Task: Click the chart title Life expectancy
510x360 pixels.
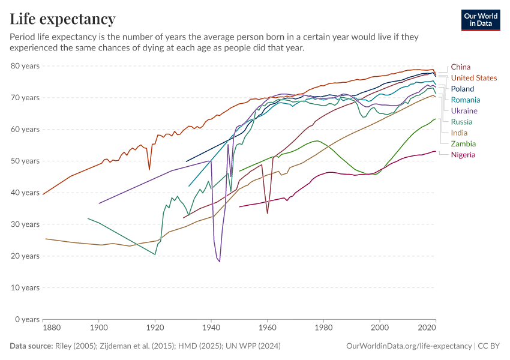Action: pyautogui.click(x=63, y=19)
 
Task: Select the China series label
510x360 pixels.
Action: pyautogui.click(x=461, y=67)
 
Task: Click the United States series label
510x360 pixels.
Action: pyautogui.click(x=474, y=78)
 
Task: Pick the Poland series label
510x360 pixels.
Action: pyautogui.click(x=463, y=89)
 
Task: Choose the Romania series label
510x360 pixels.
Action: pyautogui.click(x=466, y=100)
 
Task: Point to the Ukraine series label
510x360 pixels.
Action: pyautogui.click(x=464, y=111)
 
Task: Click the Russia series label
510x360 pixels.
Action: pyautogui.click(x=462, y=122)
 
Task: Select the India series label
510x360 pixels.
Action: pyautogui.click(x=460, y=133)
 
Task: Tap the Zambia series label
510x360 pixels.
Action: pyautogui.click(x=463, y=144)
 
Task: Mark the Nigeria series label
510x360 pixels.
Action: pyautogui.click(x=463, y=155)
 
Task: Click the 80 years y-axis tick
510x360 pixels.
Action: pyautogui.click(x=25, y=65)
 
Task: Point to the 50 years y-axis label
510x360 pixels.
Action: pyautogui.click(x=25, y=161)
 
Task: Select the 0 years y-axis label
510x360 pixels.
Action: pyautogui.click(x=27, y=319)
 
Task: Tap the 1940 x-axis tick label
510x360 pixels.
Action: pyautogui.click(x=211, y=328)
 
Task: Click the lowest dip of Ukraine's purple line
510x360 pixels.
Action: pyautogui.click(x=220, y=262)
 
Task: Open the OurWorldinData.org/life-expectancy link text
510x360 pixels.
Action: pyautogui.click(x=409, y=346)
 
